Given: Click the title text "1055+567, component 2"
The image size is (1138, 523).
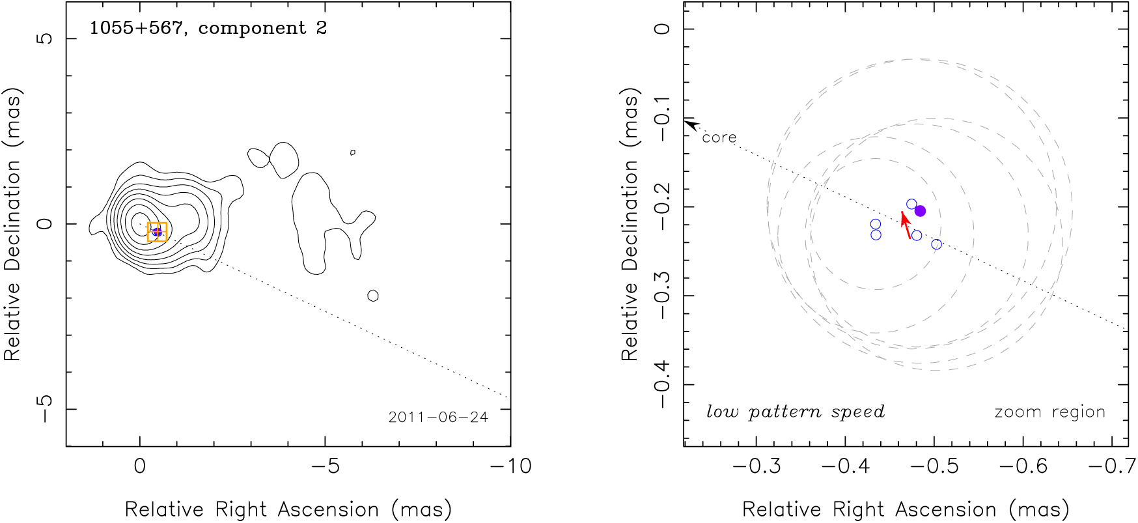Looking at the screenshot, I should (208, 28).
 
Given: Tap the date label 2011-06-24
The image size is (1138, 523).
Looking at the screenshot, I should (438, 417).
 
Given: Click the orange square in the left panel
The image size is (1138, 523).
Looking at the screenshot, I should (157, 232).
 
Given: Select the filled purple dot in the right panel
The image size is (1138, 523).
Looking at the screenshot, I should (920, 211).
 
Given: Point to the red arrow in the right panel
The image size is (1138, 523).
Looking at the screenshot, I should (906, 225).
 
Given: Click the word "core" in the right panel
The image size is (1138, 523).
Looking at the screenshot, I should (719, 137).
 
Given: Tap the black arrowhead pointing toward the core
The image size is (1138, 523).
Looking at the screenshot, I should (691, 124).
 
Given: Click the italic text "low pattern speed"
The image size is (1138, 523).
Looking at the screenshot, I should (796, 412).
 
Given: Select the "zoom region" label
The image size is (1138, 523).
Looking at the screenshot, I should (1049, 412).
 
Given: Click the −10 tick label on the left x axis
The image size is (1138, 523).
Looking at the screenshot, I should (510, 466).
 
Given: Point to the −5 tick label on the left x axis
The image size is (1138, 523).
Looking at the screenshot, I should (325, 466).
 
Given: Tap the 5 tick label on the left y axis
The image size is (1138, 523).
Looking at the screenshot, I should (44, 38).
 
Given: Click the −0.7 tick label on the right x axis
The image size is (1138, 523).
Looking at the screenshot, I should (1111, 466).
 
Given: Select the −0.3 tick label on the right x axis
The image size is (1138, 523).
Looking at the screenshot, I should (755, 466).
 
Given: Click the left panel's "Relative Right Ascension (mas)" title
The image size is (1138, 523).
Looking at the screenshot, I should (288, 509).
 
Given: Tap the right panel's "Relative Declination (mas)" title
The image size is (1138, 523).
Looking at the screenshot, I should (630, 224).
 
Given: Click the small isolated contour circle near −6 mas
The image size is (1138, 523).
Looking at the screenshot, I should (373, 296).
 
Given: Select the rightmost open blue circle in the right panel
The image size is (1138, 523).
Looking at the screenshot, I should (936, 244).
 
